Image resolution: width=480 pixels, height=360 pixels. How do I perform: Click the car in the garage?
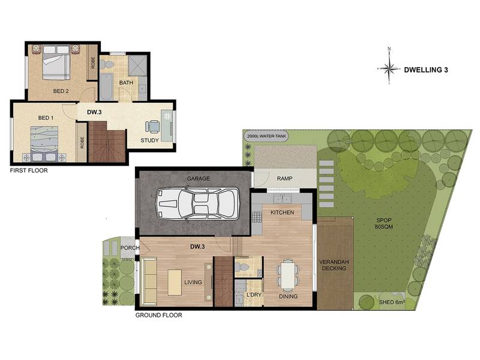tap(197, 203)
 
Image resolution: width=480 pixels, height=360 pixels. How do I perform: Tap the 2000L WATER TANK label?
tap(266, 136)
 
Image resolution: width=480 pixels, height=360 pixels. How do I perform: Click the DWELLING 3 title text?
tap(426, 70)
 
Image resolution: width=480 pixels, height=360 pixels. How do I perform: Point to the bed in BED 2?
tap(55, 62)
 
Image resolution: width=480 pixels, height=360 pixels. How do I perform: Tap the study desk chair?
tap(152, 126)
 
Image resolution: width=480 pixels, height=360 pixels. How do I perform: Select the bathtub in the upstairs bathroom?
tap(106, 86)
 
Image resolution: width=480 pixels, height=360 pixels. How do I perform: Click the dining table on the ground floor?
tap(289, 275)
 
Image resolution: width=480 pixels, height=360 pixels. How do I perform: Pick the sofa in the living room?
tap(149, 282)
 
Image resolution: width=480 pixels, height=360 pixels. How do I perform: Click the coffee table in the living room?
tap(175, 282)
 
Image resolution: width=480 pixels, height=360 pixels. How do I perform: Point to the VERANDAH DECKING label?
tap(334, 265)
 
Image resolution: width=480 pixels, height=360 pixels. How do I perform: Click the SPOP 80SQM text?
tap(384, 223)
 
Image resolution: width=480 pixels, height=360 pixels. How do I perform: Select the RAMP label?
tap(284, 178)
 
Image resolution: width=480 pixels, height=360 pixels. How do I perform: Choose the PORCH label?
tap(130, 248)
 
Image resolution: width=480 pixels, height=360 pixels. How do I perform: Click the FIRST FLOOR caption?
tap(29, 170)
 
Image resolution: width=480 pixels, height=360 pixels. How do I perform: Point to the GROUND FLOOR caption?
tap(158, 315)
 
